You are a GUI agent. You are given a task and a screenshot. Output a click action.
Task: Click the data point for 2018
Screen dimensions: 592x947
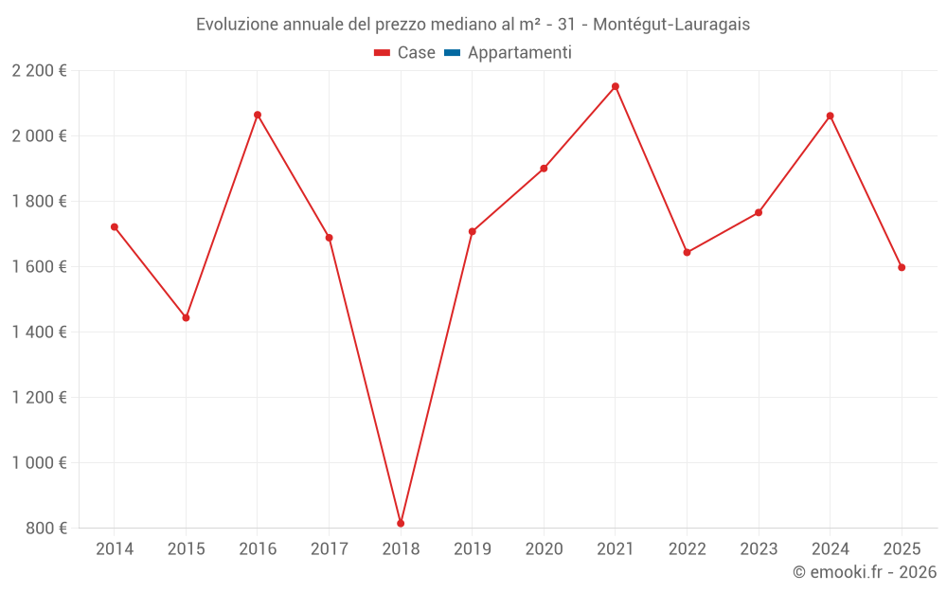pyautogui.click(x=401, y=523)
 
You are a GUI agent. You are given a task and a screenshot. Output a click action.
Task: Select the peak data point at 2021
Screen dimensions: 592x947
pyautogui.click(x=616, y=86)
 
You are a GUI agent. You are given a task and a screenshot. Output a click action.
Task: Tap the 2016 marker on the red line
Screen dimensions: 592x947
pyautogui.click(x=258, y=115)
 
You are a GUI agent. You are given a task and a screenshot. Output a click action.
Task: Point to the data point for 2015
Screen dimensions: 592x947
pyautogui.click(x=186, y=317)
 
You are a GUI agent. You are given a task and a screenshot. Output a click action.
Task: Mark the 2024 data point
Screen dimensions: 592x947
pyautogui.click(x=831, y=116)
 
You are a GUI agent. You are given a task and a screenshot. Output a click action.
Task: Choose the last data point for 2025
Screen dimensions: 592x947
pyautogui.click(x=902, y=267)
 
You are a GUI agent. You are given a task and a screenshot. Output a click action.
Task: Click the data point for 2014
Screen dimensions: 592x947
pyautogui.click(x=115, y=226)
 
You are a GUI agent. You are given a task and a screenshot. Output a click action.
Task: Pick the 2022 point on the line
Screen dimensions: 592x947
pyautogui.click(x=687, y=252)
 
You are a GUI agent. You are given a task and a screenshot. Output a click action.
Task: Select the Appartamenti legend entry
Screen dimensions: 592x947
pyautogui.click(x=519, y=53)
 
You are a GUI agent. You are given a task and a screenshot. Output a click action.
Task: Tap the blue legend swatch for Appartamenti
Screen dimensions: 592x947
pyautogui.click(x=452, y=53)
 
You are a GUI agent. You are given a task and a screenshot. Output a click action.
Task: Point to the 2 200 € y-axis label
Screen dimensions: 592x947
pyautogui.click(x=39, y=70)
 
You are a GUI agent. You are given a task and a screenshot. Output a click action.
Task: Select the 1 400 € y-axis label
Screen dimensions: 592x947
pyautogui.click(x=39, y=332)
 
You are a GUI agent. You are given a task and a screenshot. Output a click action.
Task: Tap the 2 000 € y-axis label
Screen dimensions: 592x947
pyautogui.click(x=39, y=135)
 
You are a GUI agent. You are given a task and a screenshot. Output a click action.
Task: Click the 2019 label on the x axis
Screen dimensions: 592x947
pyautogui.click(x=473, y=548)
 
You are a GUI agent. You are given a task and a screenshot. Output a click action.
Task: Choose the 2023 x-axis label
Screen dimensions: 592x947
pyautogui.click(x=759, y=548)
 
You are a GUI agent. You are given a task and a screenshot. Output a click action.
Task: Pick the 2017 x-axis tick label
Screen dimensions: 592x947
pyautogui.click(x=329, y=548)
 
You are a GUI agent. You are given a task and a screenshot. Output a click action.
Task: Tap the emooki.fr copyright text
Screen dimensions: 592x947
pyautogui.click(x=864, y=572)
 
